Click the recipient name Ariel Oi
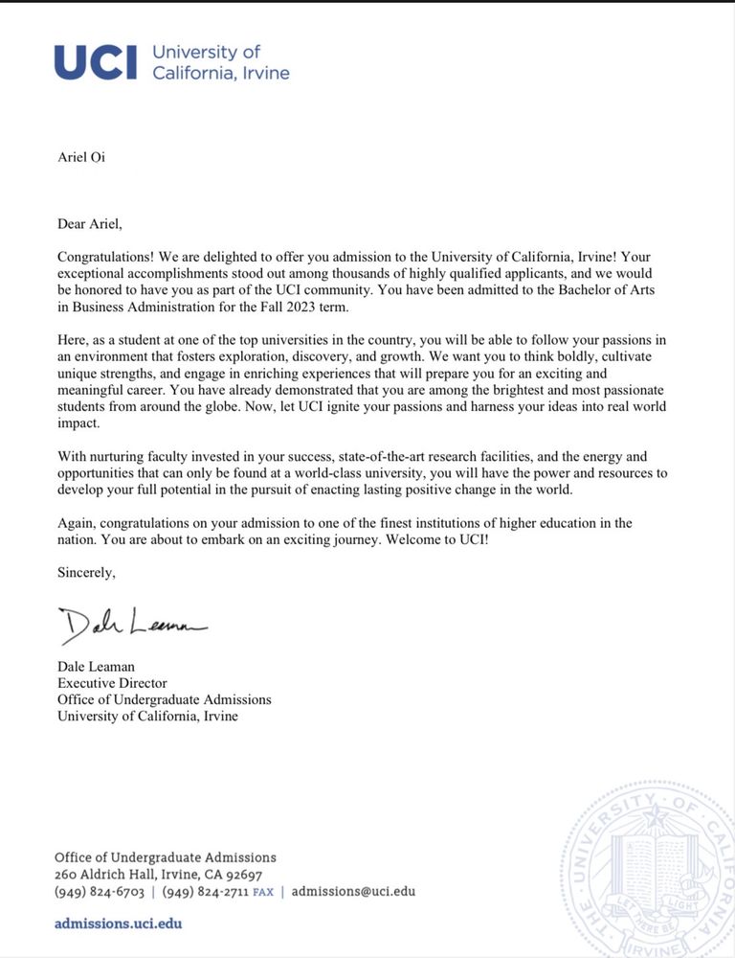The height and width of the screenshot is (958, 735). (x=81, y=157)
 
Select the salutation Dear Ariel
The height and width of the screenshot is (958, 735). (x=90, y=224)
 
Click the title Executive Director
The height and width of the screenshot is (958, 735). (x=112, y=683)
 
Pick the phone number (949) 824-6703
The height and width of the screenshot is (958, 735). (x=100, y=891)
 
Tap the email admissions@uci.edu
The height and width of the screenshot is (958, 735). (x=353, y=891)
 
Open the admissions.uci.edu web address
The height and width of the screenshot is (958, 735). (x=118, y=924)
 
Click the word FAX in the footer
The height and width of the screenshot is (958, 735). (x=262, y=892)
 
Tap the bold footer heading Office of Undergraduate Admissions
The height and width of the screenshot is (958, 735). (x=165, y=857)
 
